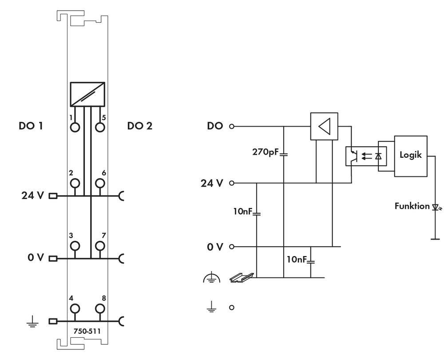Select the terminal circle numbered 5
coord(100,127)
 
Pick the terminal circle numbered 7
coord(100,245)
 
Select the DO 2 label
coord(139,126)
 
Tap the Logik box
coord(410,156)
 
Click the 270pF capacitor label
coord(265,151)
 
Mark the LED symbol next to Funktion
coord(435,207)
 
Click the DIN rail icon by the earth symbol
coord(241,277)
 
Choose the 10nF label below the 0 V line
coord(296,259)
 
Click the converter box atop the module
coord(87,94)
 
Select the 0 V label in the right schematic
coord(216,247)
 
